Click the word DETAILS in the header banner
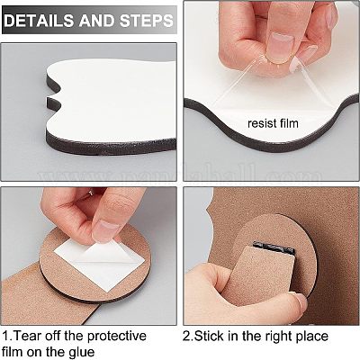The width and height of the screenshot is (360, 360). click(39, 21)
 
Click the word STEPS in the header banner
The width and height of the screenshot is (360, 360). click(146, 21)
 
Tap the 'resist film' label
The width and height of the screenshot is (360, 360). click(273, 123)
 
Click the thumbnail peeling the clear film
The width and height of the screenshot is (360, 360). click(280, 46)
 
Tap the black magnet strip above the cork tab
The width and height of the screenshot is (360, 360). click(274, 248)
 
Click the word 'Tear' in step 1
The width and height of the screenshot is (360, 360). click(28, 336)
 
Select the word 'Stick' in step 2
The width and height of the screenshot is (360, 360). click(210, 336)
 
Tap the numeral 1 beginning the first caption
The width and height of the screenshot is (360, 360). click(6, 336)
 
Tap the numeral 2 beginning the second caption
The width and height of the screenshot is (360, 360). click(186, 336)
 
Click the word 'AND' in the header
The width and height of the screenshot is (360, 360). click(96, 21)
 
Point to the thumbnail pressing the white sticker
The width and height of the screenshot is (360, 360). click(105, 230)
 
